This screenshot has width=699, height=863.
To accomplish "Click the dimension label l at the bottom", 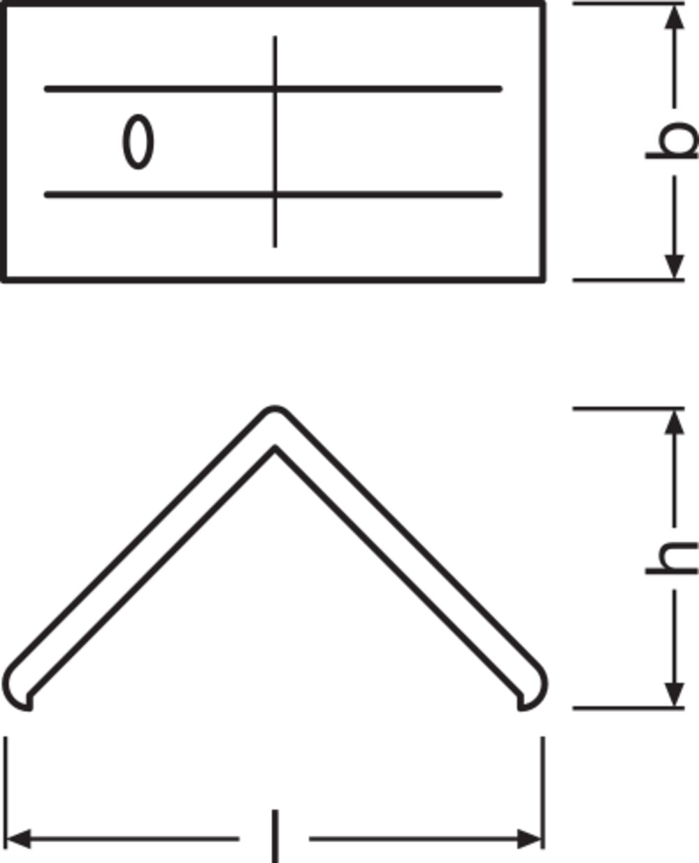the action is pyautogui.click(x=275, y=836).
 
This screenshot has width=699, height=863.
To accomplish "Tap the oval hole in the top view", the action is pyautogui.click(x=138, y=142).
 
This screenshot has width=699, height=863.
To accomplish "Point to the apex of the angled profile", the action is pyautogui.click(x=275, y=408).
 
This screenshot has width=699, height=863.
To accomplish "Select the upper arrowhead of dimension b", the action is pyautogui.click(x=675, y=17).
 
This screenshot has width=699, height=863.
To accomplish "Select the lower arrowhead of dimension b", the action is pyautogui.click(x=675, y=266).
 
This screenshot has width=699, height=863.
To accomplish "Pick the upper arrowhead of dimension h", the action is pyautogui.click(x=675, y=422).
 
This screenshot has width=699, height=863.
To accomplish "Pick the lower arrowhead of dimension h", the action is pyautogui.click(x=675, y=695).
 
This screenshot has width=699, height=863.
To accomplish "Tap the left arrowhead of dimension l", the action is pyautogui.click(x=18, y=839).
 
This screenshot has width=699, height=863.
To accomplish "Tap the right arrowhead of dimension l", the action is pyautogui.click(x=530, y=839).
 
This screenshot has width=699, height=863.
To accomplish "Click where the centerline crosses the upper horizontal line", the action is pyautogui.click(x=275, y=89).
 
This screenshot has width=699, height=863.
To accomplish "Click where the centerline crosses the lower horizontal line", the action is pyautogui.click(x=275, y=194).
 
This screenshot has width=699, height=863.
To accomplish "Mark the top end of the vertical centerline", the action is pyautogui.click(x=275, y=36).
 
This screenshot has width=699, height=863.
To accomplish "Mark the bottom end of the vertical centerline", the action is pyautogui.click(x=275, y=246).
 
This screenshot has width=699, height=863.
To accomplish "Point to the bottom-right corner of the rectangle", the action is pyautogui.click(x=542, y=280).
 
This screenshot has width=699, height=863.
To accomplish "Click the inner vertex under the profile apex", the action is pyautogui.click(x=275, y=448).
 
